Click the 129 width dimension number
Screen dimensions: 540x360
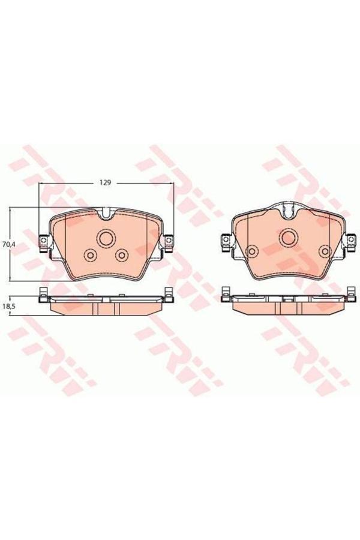(x=106, y=181)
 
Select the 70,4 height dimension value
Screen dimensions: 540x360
(x=8, y=244)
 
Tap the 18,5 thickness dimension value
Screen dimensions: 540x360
(x=8, y=306)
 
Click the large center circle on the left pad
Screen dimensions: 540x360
(x=106, y=238)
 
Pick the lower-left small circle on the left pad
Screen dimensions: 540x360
(x=90, y=256)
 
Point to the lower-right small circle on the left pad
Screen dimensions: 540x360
(x=122, y=256)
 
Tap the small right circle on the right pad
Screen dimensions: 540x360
(x=324, y=251)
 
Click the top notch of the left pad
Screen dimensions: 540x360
(x=106, y=212)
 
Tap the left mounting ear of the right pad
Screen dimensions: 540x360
(x=226, y=241)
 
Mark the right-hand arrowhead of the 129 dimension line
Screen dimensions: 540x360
(x=172, y=185)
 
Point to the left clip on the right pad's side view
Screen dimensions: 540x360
(x=226, y=293)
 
